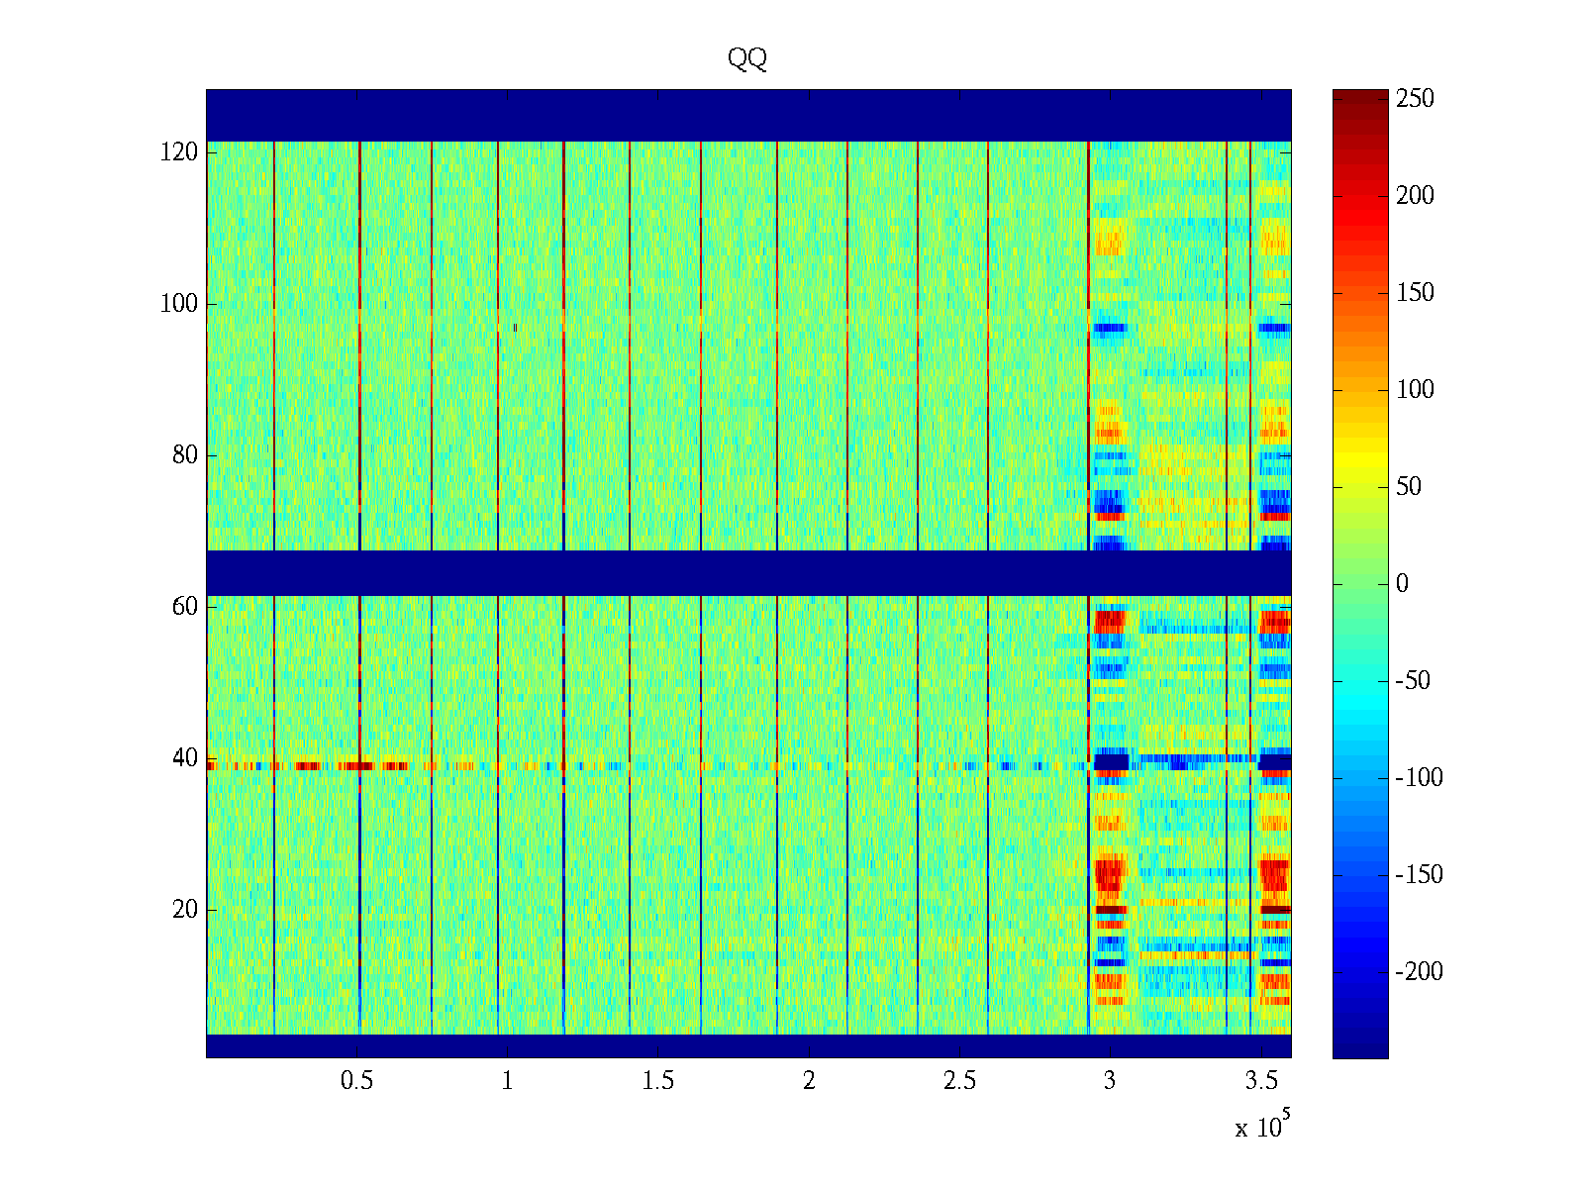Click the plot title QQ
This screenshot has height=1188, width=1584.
[x=747, y=59]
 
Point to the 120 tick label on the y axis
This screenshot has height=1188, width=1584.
[x=179, y=152]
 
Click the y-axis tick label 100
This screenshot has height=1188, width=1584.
[x=179, y=304]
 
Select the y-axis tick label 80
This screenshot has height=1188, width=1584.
[x=185, y=455]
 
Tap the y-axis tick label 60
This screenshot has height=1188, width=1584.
[x=185, y=607]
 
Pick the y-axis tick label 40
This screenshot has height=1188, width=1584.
[x=185, y=758]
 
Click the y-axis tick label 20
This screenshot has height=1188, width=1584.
[x=185, y=910]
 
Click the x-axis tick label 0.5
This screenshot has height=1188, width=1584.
[x=356, y=1081]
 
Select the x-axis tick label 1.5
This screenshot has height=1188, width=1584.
[x=658, y=1081]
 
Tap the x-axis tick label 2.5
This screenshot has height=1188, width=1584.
[x=959, y=1081]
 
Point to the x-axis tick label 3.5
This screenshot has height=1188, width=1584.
[x=1261, y=1081]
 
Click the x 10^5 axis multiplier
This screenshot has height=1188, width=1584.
[x=1262, y=1127]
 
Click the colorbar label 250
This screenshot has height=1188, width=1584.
[x=1415, y=99]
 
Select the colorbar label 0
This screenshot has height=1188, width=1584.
[x=1402, y=584]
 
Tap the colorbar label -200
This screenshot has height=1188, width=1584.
[x=1419, y=972]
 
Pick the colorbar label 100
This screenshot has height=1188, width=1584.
[x=1415, y=390]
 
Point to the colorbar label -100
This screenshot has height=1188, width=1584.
[x=1419, y=778]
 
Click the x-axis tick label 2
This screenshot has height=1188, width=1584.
[x=809, y=1081]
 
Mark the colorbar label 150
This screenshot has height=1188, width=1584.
[x=1415, y=293]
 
